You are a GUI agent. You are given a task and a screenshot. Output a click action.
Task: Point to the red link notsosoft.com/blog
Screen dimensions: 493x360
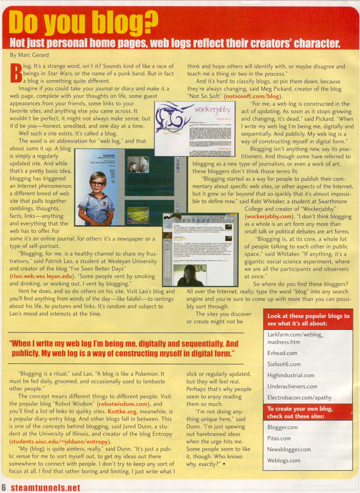click(x=252, y=97)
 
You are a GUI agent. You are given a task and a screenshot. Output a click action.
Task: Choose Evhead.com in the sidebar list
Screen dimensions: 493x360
click(x=282, y=353)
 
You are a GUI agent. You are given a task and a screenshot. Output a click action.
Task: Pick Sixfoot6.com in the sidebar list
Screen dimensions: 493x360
click(x=284, y=364)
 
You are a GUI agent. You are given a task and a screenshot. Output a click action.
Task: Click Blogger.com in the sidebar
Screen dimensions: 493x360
click(x=282, y=427)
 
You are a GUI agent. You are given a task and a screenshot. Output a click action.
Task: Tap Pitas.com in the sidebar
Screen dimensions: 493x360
click(x=279, y=438)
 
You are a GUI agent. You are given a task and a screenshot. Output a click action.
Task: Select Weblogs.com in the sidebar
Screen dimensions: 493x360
click(x=284, y=460)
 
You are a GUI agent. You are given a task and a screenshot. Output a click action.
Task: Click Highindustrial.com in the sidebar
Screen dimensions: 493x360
click(x=291, y=375)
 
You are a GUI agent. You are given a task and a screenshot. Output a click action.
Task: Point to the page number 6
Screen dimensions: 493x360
click(x=4, y=487)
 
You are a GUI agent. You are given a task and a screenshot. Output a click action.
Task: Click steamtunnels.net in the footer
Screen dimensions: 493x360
click(x=46, y=487)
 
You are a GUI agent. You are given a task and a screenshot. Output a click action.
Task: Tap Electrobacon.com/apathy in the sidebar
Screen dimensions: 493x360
click(x=300, y=397)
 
